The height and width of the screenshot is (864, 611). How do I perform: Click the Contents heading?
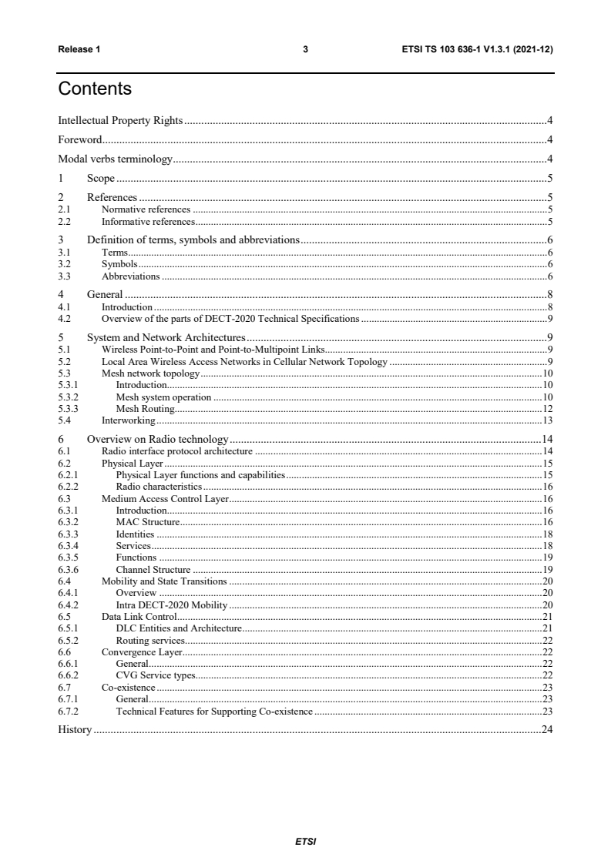pos(95,89)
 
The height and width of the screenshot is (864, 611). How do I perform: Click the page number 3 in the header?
pos(305,49)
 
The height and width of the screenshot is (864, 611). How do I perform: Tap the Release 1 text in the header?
pos(79,49)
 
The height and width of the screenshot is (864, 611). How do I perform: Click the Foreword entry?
pos(80,140)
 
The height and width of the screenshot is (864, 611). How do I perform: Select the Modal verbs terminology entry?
pos(116,160)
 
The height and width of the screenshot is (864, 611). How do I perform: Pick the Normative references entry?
pos(146,209)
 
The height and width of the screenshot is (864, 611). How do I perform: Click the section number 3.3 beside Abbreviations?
pos(65,276)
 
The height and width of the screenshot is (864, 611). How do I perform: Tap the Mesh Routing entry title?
pos(145,408)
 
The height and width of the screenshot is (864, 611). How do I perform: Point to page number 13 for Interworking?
pos(548,420)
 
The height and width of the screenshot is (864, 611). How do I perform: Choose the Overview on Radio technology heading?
pos(157,439)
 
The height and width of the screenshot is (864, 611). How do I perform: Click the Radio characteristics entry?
pos(159,487)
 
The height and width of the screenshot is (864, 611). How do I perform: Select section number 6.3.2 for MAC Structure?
pos(68,522)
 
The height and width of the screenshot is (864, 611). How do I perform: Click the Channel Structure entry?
pos(153,569)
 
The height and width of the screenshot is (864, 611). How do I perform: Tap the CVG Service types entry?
pos(155,675)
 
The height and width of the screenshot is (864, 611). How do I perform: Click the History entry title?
pos(75,729)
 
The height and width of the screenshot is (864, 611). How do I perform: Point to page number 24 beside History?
pos(548,729)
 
